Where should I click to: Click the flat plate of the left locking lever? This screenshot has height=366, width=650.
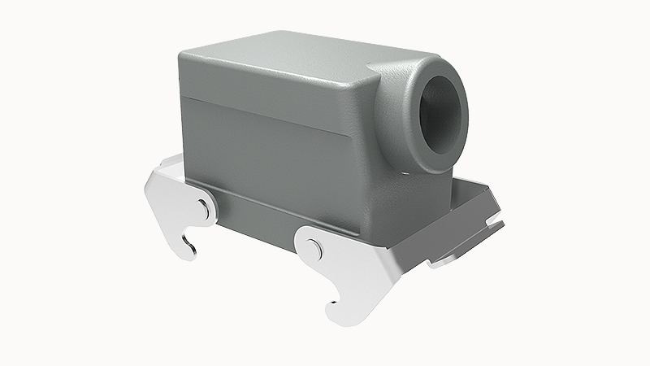pos(175,203)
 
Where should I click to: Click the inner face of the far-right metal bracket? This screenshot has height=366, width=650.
pos(471,203)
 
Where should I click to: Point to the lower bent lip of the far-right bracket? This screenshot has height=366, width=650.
pos(455,258)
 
